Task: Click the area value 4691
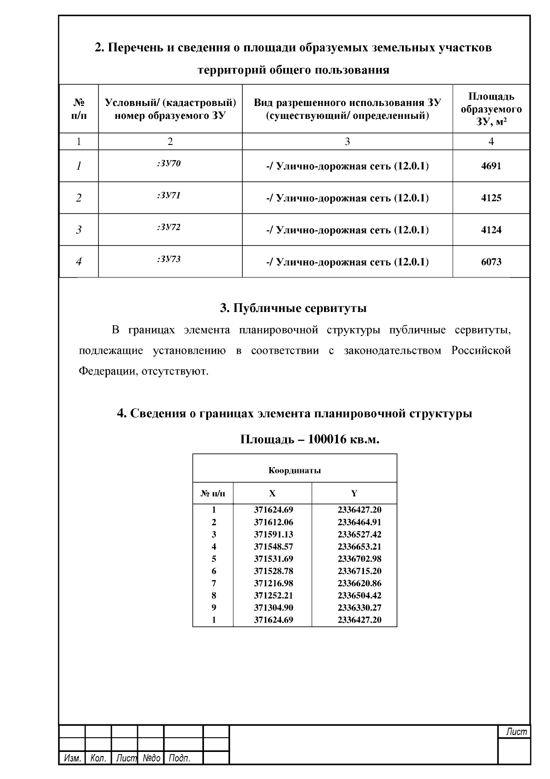[491, 166]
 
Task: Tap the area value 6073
[491, 262]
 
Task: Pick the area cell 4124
[491, 230]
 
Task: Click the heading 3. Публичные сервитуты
[293, 308]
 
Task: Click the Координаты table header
[294, 471]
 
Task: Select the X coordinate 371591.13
[273, 534]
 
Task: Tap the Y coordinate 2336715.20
[359, 571]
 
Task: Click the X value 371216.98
[273, 584]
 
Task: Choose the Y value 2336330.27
[359, 608]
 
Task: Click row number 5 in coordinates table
[214, 559]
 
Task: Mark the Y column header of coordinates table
[354, 494]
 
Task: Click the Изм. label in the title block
[72, 758]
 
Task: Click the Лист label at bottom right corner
[516, 732]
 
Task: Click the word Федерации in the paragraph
[105, 371]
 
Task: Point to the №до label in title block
[151, 758]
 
